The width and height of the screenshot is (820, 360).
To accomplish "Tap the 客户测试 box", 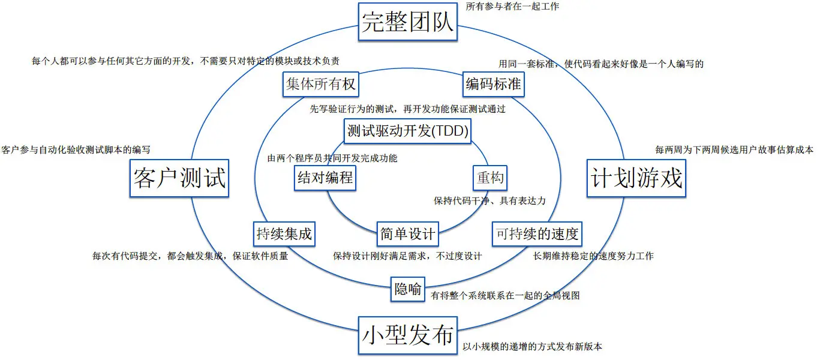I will pyautogui.click(x=180, y=178).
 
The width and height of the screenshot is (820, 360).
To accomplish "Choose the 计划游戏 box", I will pyautogui.click(x=636, y=178).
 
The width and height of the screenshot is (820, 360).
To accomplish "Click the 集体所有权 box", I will pyautogui.click(x=320, y=85).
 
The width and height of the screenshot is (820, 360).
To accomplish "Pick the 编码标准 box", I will pyautogui.click(x=494, y=85).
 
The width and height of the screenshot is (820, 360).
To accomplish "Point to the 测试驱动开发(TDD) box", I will pyautogui.click(x=408, y=130).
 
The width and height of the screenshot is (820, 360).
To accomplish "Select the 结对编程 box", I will pyautogui.click(x=325, y=178).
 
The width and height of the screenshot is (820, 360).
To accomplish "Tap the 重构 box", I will pyautogui.click(x=490, y=178).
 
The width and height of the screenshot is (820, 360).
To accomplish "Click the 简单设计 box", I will pyautogui.click(x=408, y=233).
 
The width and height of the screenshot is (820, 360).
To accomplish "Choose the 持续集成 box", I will pyautogui.click(x=284, y=233).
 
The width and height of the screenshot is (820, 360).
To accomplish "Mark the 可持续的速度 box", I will pyautogui.click(x=537, y=233).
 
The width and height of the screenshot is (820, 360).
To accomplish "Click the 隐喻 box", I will pyautogui.click(x=408, y=289).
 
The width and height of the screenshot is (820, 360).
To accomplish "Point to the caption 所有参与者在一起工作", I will pyautogui.click(x=512, y=8).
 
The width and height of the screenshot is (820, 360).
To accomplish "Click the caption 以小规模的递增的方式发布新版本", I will pyautogui.click(x=532, y=347).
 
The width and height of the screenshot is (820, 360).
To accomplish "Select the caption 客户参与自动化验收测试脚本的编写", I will pyautogui.click(x=76, y=149).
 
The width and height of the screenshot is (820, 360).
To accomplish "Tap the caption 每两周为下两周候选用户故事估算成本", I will pyautogui.click(x=734, y=149).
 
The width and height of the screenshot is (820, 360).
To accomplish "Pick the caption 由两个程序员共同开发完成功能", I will pyautogui.click(x=332, y=158).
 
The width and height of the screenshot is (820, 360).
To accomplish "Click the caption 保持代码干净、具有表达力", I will pyautogui.click(x=489, y=200).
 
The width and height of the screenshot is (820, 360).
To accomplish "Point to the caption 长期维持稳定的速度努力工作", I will pyautogui.click(x=593, y=256).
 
